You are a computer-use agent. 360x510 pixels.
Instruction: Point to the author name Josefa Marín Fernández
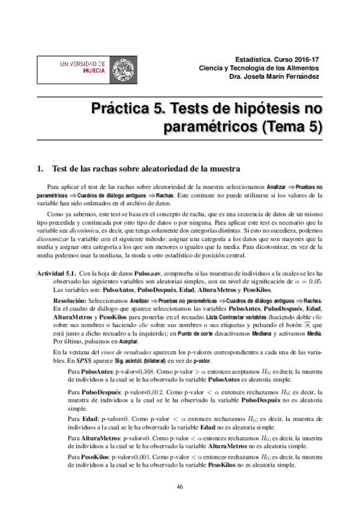[x=282, y=76]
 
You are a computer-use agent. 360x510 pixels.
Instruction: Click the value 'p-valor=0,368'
[x=124, y=389]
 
